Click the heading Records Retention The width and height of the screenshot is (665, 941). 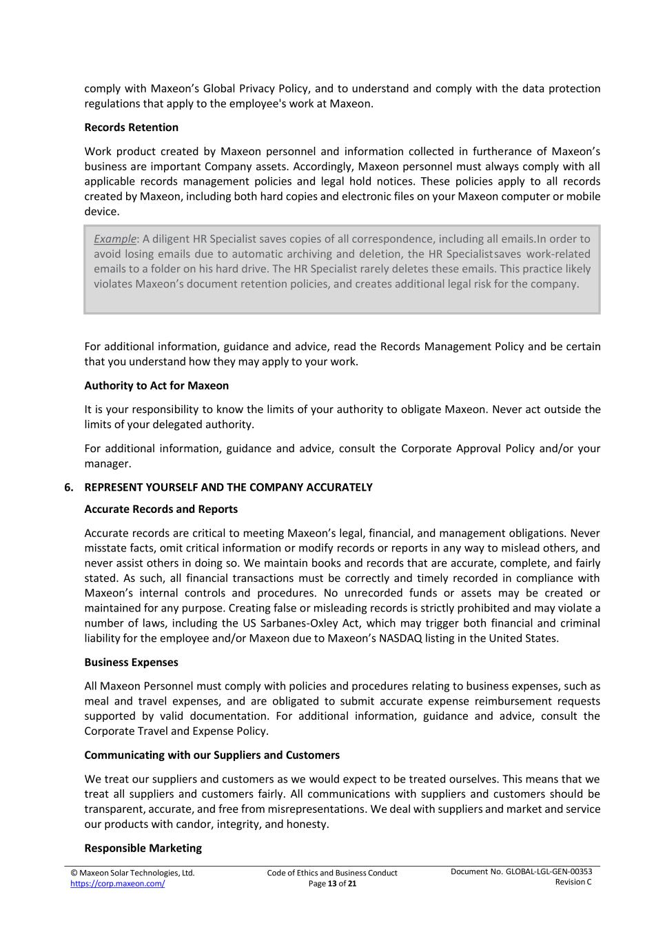click(x=131, y=128)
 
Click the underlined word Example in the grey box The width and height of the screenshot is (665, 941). click(x=115, y=239)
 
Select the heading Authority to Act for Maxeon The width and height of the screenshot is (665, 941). click(x=156, y=385)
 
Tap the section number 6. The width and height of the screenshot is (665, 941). click(x=68, y=487)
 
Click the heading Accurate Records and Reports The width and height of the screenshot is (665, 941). click(x=161, y=509)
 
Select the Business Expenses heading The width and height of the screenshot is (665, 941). click(x=131, y=662)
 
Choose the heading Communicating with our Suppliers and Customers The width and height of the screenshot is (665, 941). click(x=212, y=755)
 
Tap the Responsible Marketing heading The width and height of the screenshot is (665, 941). click(x=143, y=849)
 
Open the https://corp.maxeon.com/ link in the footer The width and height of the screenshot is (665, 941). click(x=117, y=884)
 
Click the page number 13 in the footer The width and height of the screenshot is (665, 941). click(x=332, y=884)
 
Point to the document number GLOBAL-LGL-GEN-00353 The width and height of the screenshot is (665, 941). click(x=549, y=871)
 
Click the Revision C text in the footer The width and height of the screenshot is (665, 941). click(x=573, y=882)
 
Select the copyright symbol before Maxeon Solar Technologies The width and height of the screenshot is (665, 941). click(x=74, y=873)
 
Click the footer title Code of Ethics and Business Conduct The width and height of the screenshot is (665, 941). click(x=332, y=873)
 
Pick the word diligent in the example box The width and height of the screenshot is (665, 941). click(x=170, y=239)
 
